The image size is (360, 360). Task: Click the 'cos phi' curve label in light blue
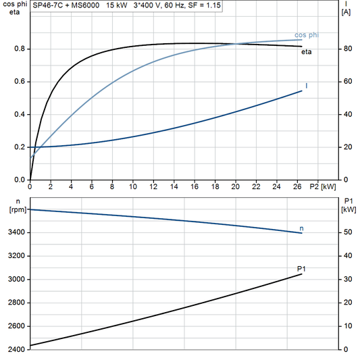click(x=306, y=34)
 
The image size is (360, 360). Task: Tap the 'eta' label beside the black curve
click(x=306, y=51)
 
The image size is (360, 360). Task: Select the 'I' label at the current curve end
click(x=307, y=86)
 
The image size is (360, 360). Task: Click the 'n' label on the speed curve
click(x=301, y=228)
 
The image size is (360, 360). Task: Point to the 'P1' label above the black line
click(x=301, y=269)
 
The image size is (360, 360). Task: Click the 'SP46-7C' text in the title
click(x=48, y=5)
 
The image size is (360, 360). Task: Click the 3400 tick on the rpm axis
click(x=14, y=233)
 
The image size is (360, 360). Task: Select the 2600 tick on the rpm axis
click(x=14, y=326)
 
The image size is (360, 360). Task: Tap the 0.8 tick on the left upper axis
click(x=18, y=49)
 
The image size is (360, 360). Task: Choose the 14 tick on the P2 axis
click(x=174, y=186)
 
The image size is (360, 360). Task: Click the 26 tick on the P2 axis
click(x=297, y=186)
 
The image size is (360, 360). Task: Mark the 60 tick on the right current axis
click(x=347, y=82)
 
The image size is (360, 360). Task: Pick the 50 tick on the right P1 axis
click(x=347, y=233)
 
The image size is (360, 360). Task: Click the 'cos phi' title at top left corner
click(x=14, y=4)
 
